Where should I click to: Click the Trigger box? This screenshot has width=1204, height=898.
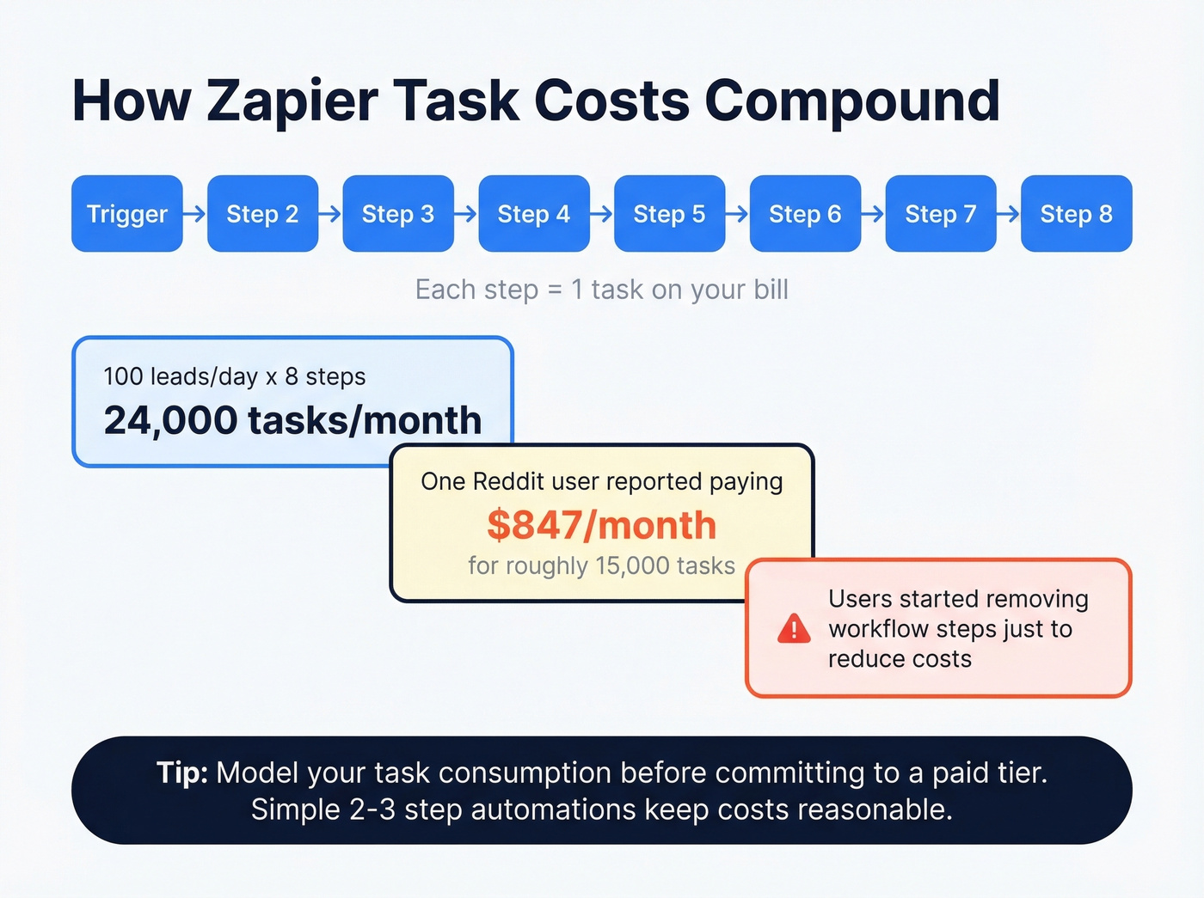[x=127, y=214]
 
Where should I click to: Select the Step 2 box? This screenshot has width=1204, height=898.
[x=262, y=214]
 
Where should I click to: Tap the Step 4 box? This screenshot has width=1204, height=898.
[x=534, y=214]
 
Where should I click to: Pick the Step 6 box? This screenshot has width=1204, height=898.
[x=805, y=214]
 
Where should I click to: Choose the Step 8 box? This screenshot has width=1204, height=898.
[x=1077, y=214]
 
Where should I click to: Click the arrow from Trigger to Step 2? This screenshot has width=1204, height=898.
[x=195, y=213]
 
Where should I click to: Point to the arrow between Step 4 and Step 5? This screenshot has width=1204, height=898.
[x=602, y=213]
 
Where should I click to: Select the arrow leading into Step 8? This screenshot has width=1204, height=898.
[x=1009, y=213]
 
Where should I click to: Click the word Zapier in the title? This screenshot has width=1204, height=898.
[x=292, y=101]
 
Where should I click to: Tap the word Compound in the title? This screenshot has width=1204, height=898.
[x=851, y=101]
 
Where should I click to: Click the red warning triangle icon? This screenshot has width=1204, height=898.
[x=794, y=629]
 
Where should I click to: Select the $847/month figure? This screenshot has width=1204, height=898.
[x=601, y=525]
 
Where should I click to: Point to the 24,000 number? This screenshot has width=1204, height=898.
[x=170, y=420]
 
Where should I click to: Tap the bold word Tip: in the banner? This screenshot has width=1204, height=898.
[x=182, y=773]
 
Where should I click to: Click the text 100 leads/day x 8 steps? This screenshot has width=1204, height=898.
[x=235, y=376]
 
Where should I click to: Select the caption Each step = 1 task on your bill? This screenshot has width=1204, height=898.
[x=602, y=290]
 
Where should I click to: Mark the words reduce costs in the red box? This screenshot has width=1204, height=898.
[x=900, y=659]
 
